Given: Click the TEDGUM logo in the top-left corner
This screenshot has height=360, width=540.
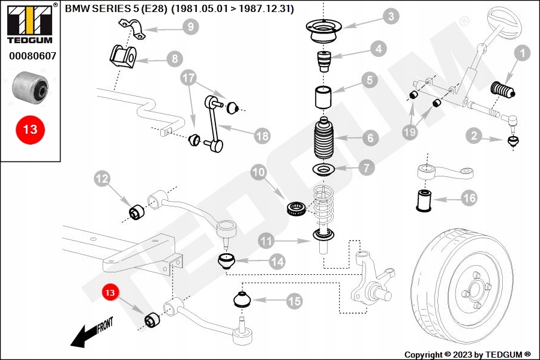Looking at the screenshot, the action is click(31, 24).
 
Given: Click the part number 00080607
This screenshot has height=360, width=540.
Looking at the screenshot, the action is click(32, 56).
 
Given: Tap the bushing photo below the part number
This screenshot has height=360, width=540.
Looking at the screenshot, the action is click(30, 87).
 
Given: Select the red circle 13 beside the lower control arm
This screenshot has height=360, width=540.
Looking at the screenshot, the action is click(110, 292).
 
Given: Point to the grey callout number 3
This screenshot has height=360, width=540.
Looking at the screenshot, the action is click(391, 16).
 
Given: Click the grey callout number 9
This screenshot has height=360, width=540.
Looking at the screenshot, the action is click(190, 26).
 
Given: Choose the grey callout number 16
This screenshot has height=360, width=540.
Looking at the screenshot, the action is click(469, 198).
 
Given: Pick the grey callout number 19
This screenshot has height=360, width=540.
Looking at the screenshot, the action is click(410, 132).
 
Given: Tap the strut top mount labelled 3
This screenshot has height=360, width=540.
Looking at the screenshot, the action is click(324, 32).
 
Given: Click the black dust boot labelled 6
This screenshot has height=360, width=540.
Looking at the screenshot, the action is click(324, 139).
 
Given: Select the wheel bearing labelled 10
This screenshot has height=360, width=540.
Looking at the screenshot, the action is click(296, 208).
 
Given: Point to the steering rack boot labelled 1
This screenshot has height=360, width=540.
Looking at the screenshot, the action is click(503, 90).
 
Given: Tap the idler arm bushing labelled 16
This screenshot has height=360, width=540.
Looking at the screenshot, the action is click(424, 200).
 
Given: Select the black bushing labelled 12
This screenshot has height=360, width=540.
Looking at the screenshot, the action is click(137, 212).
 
